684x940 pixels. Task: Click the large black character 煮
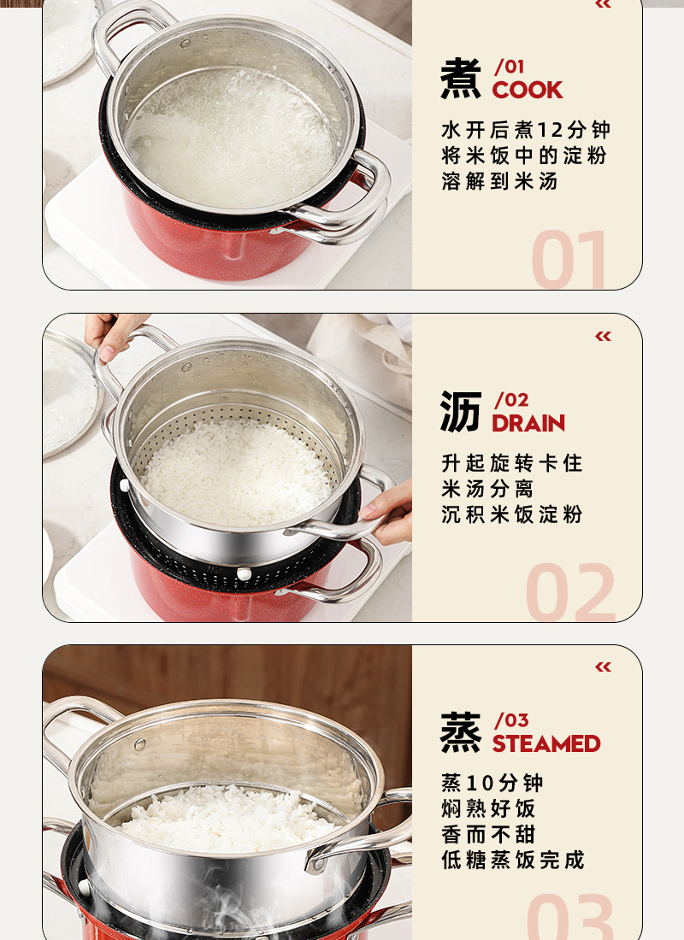click(460, 79)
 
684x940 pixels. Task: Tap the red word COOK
click(528, 90)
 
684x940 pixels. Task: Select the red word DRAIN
click(528, 423)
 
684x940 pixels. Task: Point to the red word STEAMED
click(546, 744)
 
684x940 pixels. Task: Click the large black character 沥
click(460, 412)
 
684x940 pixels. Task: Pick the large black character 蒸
click(460, 732)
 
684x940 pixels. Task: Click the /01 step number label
click(509, 67)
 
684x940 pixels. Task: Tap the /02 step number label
click(511, 400)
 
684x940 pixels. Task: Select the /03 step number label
click(511, 720)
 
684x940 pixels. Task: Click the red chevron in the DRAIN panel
click(603, 336)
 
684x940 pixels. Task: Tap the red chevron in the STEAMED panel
click(603, 667)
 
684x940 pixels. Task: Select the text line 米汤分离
click(487, 489)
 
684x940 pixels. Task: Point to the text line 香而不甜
click(488, 835)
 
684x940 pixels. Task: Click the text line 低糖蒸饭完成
click(512, 861)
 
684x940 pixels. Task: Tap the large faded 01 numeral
click(569, 259)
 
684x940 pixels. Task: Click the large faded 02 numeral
click(570, 591)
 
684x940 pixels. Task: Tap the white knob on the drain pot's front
click(244, 573)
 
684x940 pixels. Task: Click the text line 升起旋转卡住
click(512, 463)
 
